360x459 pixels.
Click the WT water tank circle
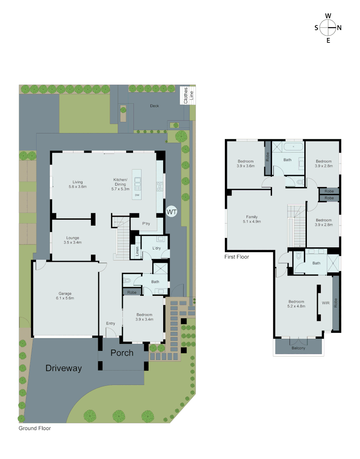[x=171, y=211]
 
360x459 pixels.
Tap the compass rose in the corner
[x=328, y=28]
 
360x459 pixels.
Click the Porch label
[x=122, y=353]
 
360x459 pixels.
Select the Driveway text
[x=64, y=368]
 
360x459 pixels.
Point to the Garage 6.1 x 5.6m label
[x=65, y=296]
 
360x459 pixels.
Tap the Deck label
[x=154, y=106]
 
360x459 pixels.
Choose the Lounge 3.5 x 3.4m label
[x=73, y=240]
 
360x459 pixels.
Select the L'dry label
[x=157, y=248]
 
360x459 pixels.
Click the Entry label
[x=111, y=323]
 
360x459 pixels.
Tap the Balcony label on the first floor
[x=298, y=348]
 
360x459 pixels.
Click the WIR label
[x=326, y=303]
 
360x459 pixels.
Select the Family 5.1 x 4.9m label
[x=252, y=219]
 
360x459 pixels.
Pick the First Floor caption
[x=237, y=257]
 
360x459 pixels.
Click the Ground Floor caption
[x=34, y=428]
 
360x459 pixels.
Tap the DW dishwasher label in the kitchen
[x=137, y=195]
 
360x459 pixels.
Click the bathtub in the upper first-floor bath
[x=294, y=148]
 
